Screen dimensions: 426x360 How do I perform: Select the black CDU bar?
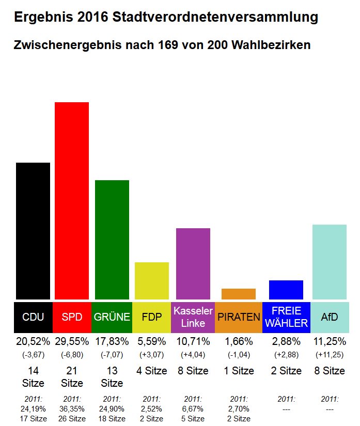pos(33,231)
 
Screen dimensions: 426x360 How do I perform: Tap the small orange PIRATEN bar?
pos(239,294)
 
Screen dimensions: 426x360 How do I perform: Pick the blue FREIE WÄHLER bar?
pos(286,290)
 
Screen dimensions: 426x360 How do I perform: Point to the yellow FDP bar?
pos(152,280)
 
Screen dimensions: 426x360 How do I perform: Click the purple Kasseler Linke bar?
pos(193,263)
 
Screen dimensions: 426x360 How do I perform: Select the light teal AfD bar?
pos(330,262)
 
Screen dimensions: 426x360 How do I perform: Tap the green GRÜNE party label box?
pos(112,317)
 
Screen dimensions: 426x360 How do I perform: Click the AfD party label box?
pos(330,317)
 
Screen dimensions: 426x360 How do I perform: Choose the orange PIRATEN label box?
pos(239,317)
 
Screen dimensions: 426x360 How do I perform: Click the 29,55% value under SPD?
pos(72,341)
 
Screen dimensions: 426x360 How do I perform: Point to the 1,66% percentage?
pos(239,341)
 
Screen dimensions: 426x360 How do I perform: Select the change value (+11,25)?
pos(330,355)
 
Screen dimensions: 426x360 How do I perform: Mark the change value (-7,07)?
pos(112,355)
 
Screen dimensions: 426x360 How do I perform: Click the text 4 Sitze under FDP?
pos(152,371)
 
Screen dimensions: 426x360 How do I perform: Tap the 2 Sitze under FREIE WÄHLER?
pos(286,371)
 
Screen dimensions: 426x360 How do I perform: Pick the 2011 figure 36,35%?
pos(72,408)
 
